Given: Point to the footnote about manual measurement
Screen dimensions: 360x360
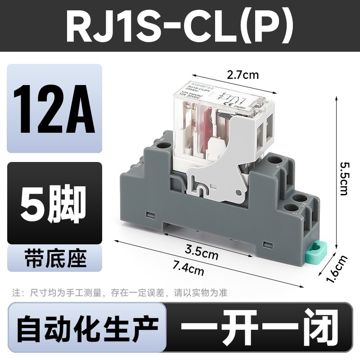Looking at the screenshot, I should [120, 293].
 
